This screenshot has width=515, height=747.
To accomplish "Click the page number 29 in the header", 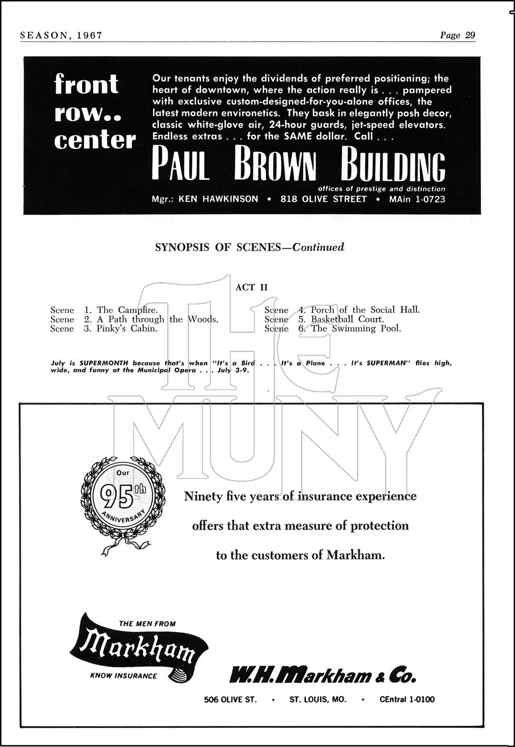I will (470, 35).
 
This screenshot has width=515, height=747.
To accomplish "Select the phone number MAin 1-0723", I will (417, 199).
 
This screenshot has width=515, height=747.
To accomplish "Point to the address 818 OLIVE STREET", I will (323, 199).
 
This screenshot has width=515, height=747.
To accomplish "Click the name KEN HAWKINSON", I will (218, 199).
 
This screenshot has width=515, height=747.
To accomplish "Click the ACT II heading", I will (251, 287).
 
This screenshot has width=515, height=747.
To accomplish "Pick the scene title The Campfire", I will (127, 310).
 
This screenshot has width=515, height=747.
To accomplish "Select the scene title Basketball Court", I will (347, 319).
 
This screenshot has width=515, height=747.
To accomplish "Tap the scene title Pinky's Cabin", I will (127, 328).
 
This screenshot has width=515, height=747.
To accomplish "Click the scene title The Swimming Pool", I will (356, 328).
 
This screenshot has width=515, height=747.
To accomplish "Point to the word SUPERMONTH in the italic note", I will (104, 363).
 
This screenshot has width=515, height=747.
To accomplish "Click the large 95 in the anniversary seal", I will (116, 496).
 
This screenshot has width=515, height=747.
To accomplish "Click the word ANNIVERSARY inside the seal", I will (123, 517).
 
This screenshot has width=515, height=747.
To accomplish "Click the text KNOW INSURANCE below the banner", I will (124, 676).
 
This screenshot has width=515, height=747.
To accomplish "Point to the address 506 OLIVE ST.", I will (230, 699).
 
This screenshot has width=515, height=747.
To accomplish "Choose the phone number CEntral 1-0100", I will (407, 699).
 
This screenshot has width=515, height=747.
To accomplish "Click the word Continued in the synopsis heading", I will (318, 247).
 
